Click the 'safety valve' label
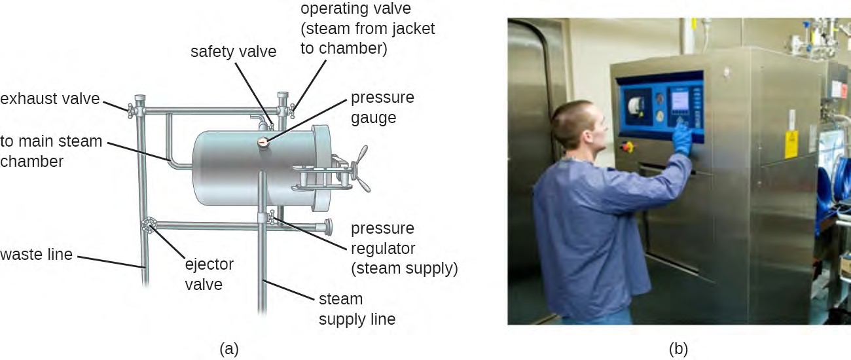(x=233, y=52)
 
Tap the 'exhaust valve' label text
(x=50, y=99)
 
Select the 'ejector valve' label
(x=209, y=274)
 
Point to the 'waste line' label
(x=36, y=255)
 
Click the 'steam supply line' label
(x=357, y=309)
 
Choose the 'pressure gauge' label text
(x=382, y=107)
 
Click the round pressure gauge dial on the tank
(x=263, y=143)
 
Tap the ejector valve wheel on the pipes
(x=149, y=225)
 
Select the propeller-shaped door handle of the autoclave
(x=360, y=169)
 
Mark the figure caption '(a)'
(x=229, y=349)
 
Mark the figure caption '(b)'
(x=678, y=349)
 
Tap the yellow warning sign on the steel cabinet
(x=791, y=144)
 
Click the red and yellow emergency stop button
(x=627, y=147)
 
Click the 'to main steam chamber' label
(x=51, y=151)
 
